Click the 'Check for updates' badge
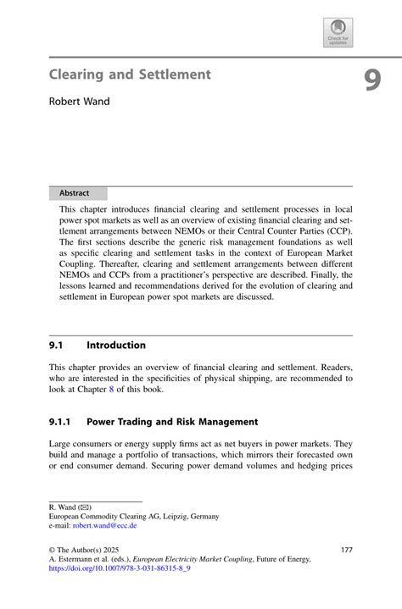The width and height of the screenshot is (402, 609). tap(338, 32)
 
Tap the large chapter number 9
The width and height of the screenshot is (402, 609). tap(372, 80)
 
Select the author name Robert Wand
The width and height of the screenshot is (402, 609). tap(79, 102)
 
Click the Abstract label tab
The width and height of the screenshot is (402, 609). tap(75, 193)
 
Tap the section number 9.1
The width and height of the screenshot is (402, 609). tap(57, 346)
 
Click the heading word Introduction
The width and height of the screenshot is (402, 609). tap(116, 346)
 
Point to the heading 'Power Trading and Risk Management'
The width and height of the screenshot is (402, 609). tap(172, 422)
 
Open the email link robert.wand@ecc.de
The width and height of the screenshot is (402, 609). tap(105, 525)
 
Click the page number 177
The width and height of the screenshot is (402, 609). tap(344, 550)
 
